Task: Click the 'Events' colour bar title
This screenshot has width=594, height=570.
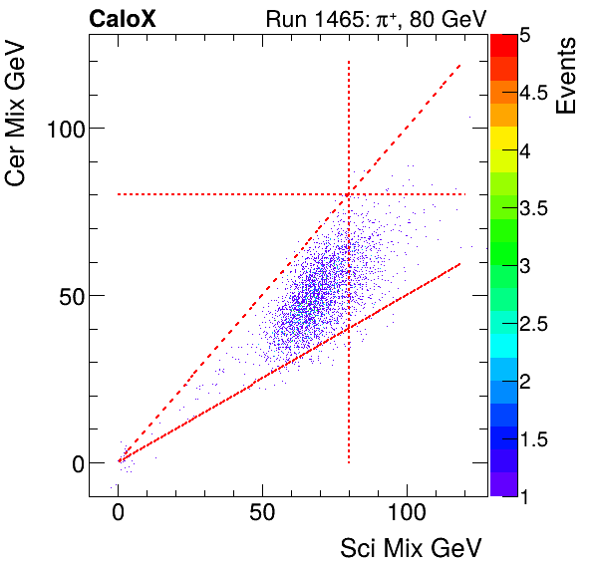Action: click(568, 77)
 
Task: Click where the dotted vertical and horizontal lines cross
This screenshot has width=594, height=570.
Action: click(349, 194)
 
